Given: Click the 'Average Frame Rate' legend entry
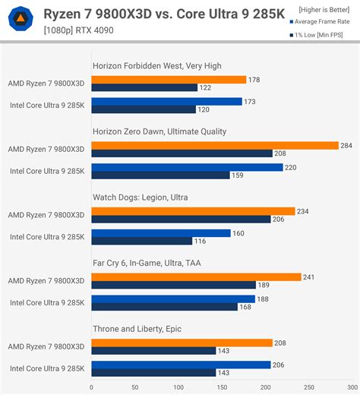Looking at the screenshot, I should point(321,21).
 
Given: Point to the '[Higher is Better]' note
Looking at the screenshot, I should point(319,8).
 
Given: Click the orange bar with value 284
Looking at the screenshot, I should point(214,146).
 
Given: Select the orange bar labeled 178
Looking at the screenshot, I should point(169,80).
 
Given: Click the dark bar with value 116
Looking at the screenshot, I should point(141,241).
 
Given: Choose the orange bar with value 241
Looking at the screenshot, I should point(196,277).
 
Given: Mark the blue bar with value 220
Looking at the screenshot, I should point(187,168).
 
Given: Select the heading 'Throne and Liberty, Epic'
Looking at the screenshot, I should point(137,329).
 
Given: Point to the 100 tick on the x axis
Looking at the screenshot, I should point(161,387).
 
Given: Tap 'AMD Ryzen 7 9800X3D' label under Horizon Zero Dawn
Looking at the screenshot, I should point(47,150).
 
